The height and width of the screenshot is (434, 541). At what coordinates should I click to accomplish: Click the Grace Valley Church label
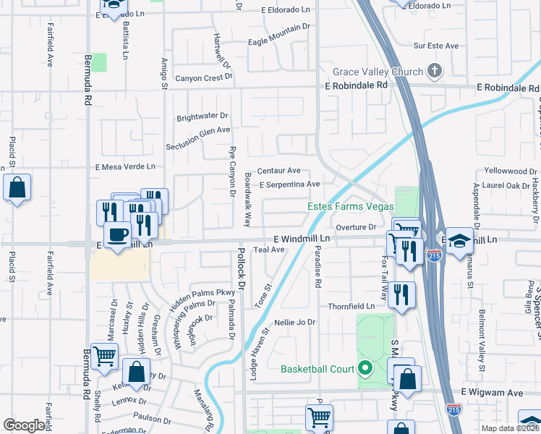377,72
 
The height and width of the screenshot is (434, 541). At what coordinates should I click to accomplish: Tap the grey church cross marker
435,71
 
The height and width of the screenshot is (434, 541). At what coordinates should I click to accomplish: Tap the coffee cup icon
118,234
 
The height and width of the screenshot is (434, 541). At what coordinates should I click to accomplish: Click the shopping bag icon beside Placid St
17,188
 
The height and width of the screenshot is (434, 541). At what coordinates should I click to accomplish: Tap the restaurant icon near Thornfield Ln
400,294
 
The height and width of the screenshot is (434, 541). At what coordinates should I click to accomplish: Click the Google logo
24,425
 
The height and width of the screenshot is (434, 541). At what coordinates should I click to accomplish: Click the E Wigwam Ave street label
494,392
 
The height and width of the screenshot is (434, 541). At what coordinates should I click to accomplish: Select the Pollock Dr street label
241,268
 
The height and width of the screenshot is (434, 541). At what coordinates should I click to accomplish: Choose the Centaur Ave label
278,171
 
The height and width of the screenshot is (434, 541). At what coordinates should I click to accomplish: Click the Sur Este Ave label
436,46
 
